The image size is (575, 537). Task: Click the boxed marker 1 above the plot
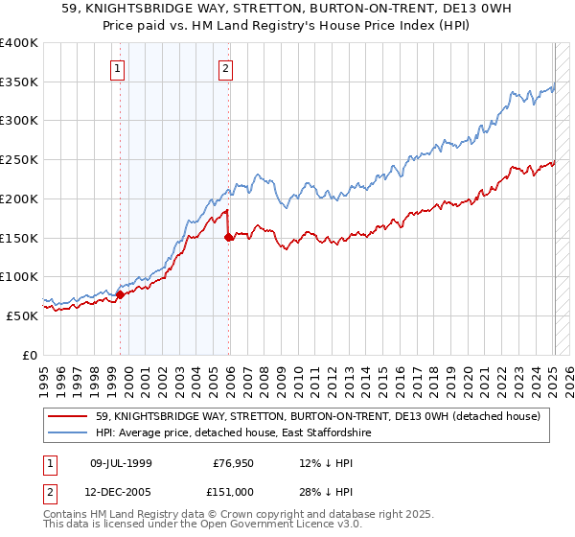[x=117, y=67]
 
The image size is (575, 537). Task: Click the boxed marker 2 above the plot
[x=225, y=67]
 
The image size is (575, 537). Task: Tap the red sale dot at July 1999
[x=121, y=294]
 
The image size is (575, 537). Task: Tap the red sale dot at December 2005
[x=229, y=237]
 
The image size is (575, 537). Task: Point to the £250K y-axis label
[x=19, y=159]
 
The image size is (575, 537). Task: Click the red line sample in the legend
[x=67, y=416]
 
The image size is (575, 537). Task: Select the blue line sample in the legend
[x=67, y=433]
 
